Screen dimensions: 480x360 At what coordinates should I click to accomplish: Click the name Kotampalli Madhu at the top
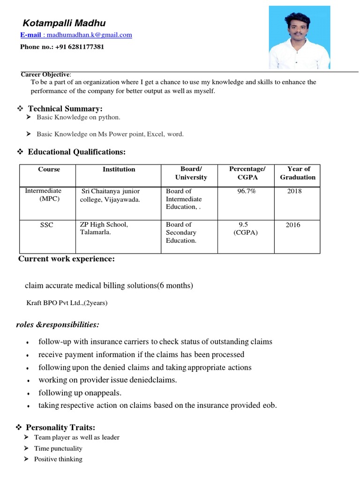64,23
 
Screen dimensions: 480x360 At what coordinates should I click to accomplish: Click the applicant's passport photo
299,37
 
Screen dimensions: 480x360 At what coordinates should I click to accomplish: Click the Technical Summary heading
65,109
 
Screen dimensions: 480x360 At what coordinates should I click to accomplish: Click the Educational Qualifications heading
76,152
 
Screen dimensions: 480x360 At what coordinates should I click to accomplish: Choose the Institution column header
119,169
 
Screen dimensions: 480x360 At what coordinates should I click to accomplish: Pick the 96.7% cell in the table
247,191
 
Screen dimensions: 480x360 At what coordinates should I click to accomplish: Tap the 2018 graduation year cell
295,191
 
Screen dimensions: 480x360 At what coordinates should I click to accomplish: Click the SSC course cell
46,225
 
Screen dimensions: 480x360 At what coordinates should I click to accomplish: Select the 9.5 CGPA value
243,225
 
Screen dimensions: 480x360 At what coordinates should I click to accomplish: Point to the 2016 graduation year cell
293,225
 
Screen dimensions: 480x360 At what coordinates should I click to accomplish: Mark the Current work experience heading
66,259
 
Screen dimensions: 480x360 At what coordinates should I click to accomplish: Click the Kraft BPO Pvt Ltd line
67,303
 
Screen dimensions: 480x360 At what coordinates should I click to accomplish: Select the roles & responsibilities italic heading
58,325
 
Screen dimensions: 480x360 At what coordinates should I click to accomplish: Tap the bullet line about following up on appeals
80,393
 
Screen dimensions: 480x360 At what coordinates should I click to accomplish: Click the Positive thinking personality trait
58,459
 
